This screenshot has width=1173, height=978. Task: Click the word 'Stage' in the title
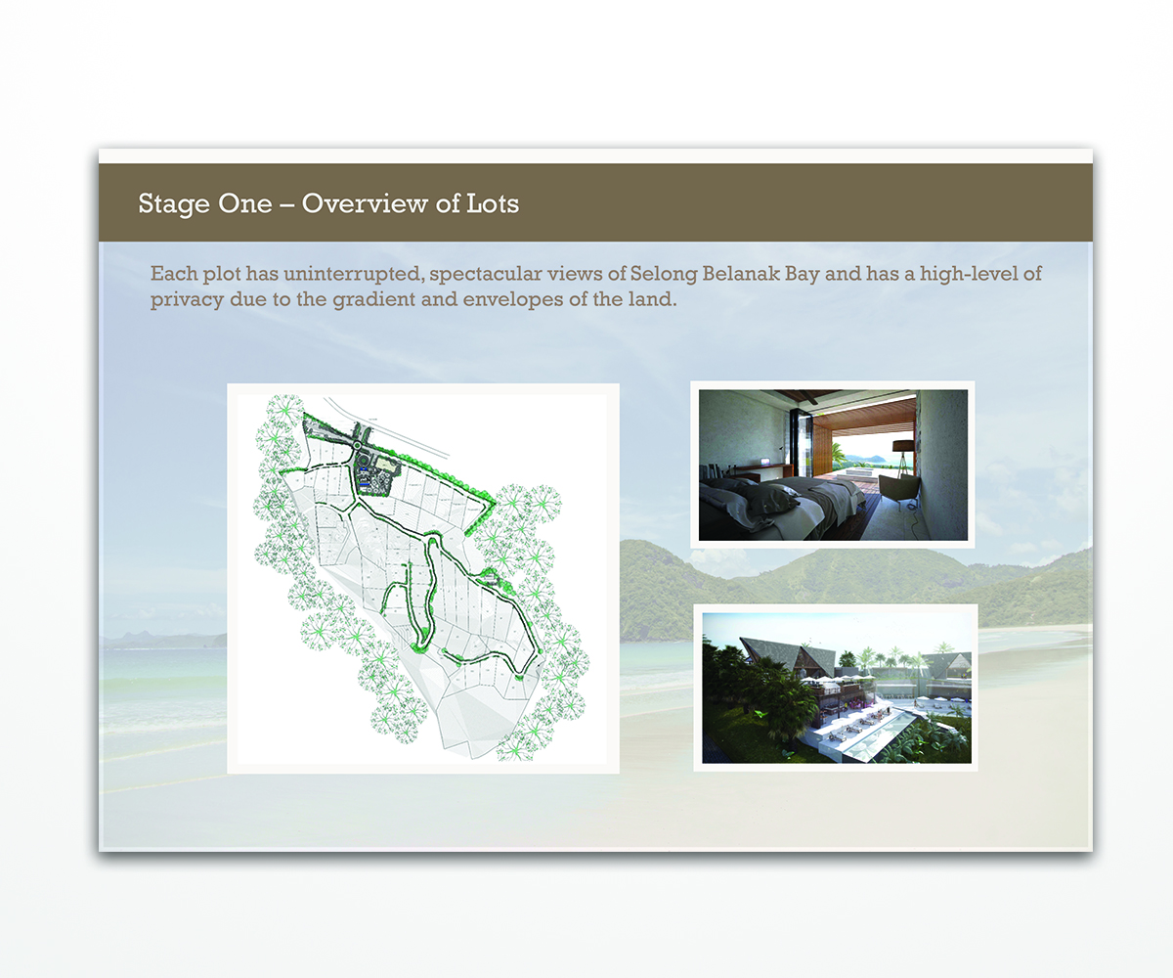171,204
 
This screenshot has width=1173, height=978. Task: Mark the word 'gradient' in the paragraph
380,300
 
